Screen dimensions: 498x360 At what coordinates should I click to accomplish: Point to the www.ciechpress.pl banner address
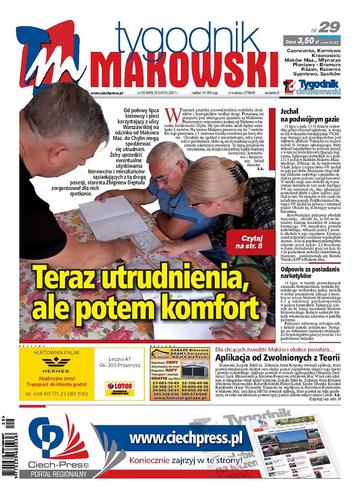(x=186, y=438)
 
